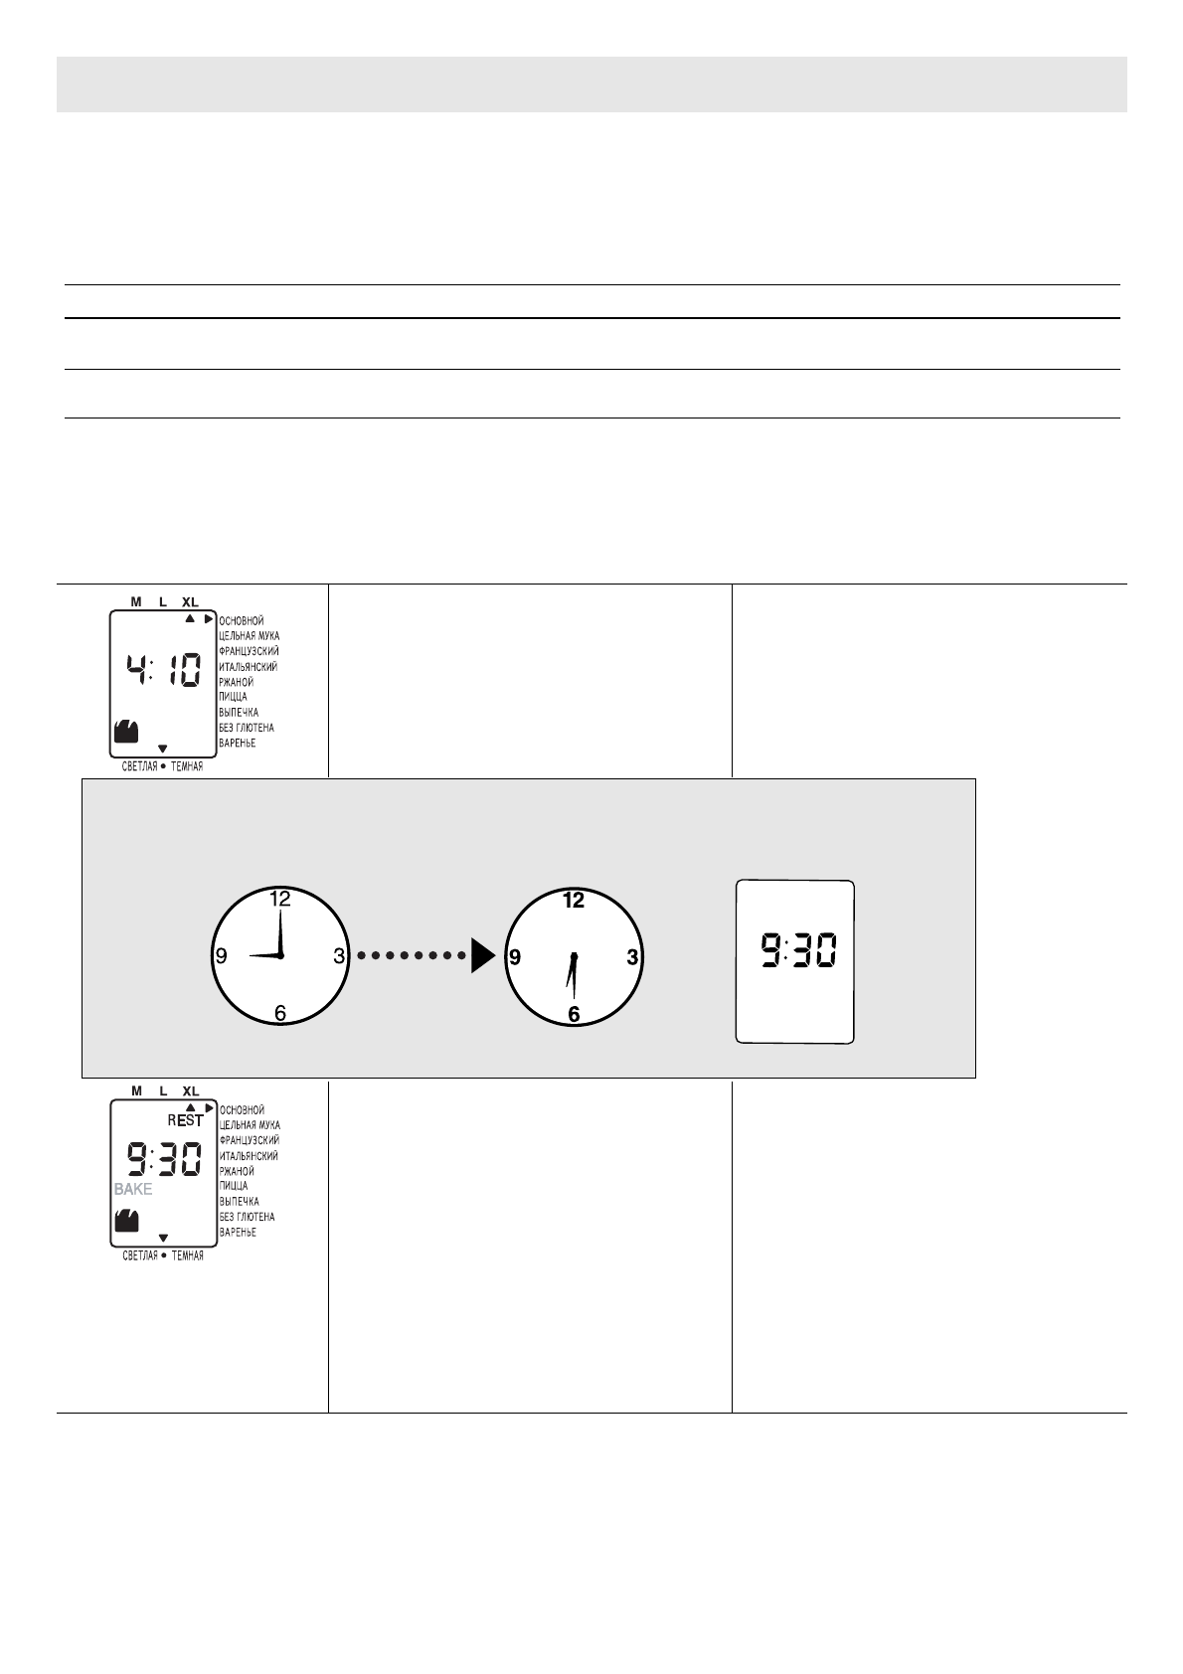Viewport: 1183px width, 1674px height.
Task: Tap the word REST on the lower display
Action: point(185,1120)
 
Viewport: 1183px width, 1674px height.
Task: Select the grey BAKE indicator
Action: point(132,1189)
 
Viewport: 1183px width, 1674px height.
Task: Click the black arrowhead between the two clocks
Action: point(482,956)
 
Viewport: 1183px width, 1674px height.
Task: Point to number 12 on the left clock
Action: point(280,899)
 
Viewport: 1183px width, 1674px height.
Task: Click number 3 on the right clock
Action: point(632,957)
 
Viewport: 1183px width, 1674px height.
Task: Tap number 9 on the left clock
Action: point(222,956)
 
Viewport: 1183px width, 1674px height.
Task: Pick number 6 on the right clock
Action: point(574,1014)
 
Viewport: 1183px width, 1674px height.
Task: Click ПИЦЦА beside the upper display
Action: point(234,697)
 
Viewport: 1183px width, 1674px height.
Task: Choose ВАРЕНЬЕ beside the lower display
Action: point(238,1233)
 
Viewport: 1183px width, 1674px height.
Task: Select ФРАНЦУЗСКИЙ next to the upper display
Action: point(249,651)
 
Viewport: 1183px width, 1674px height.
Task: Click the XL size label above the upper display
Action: point(190,602)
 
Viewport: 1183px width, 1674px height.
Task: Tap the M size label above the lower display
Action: point(136,1090)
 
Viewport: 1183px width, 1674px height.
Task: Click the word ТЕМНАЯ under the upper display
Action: point(187,766)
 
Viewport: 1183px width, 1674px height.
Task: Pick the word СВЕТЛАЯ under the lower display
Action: point(139,1255)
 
